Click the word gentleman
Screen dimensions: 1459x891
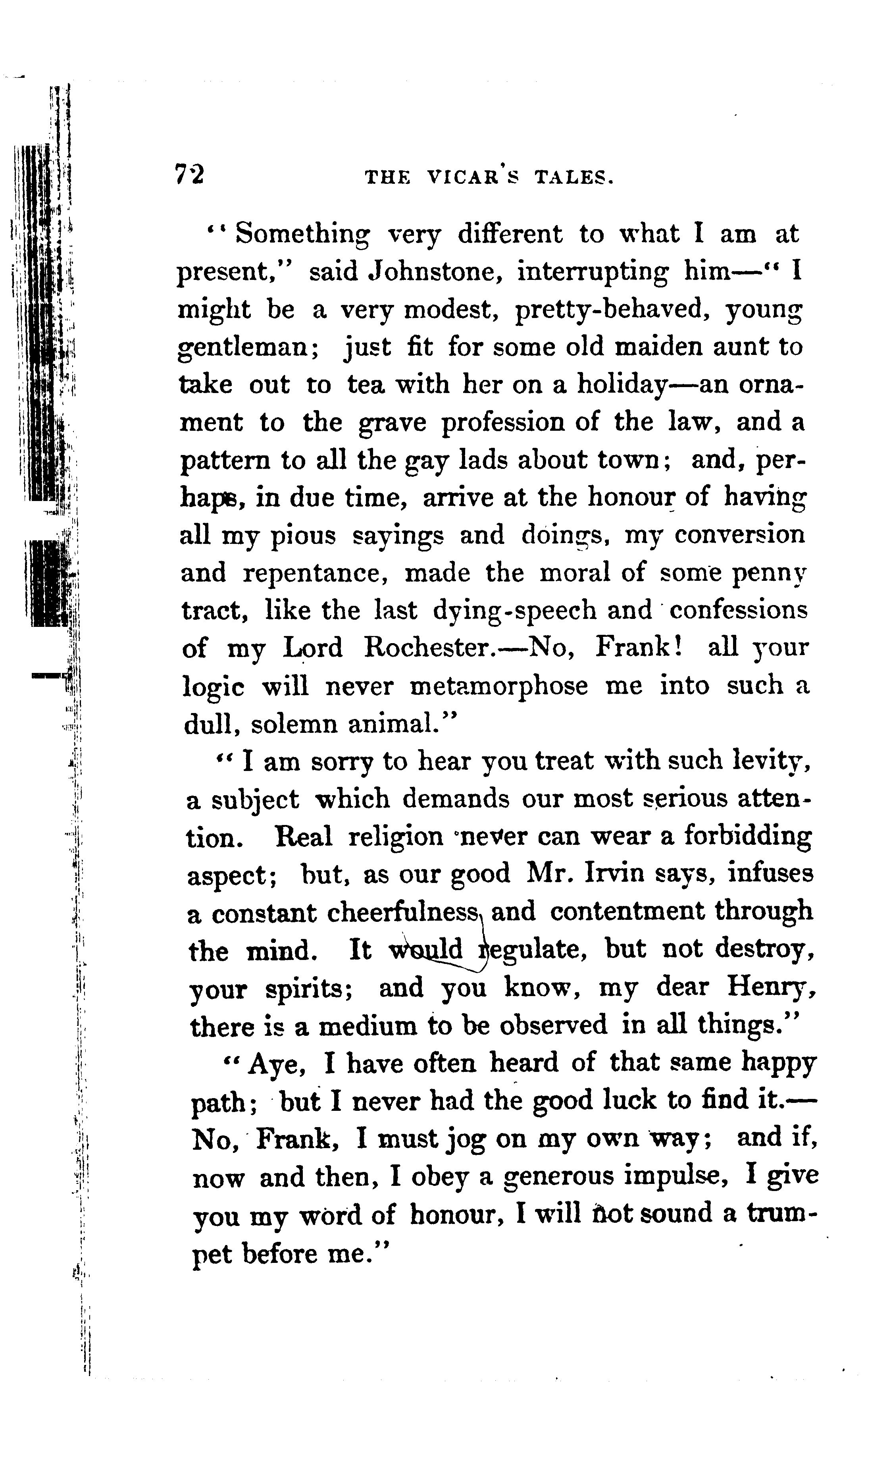(x=249, y=348)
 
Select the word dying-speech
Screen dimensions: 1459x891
(x=514, y=611)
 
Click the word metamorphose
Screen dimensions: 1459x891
(x=498, y=687)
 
